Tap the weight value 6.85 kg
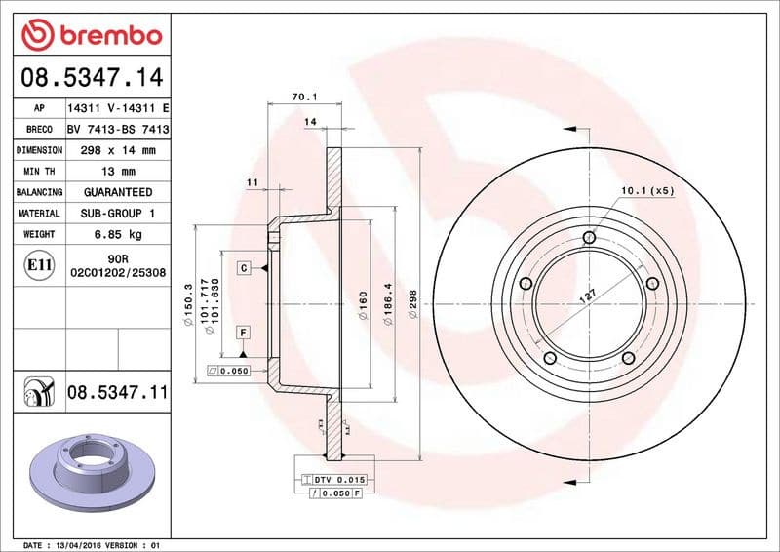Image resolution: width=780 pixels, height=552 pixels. (x=117, y=234)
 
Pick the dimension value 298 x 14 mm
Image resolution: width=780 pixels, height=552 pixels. (x=117, y=150)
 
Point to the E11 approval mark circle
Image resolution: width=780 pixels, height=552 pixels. (x=40, y=264)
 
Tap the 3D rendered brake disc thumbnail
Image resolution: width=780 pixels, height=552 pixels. (x=87, y=471)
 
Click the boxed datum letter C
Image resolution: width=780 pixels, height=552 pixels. (x=241, y=267)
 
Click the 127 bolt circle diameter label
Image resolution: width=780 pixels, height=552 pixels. (x=588, y=296)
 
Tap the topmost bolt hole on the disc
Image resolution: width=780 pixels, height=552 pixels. (x=588, y=238)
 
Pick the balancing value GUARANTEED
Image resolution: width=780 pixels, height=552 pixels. (x=117, y=192)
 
